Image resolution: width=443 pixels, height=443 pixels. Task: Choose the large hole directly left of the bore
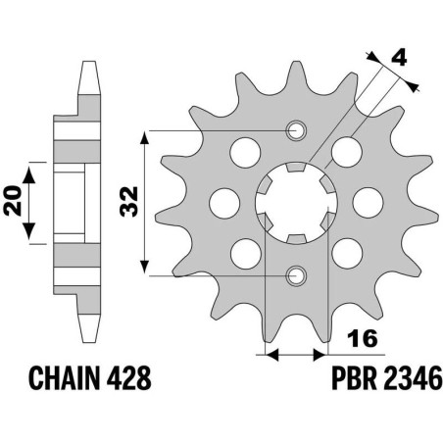click(221, 203)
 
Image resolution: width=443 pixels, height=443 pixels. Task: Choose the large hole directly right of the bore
click(365, 203)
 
